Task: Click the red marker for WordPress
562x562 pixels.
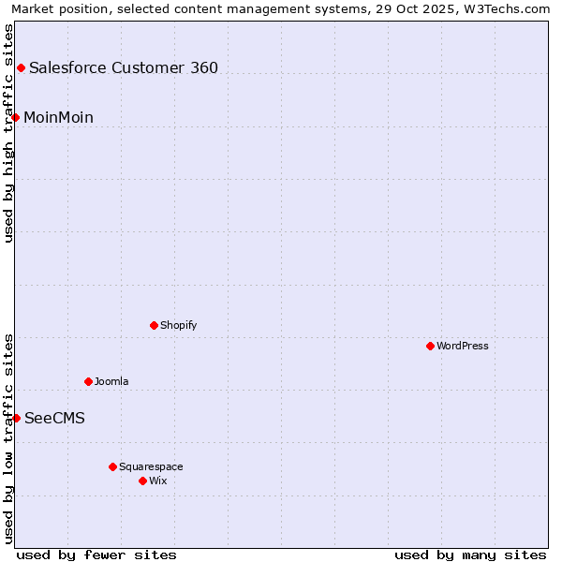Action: [x=430, y=346]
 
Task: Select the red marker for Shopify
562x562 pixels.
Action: [x=154, y=325]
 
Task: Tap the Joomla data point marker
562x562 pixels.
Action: [x=88, y=381]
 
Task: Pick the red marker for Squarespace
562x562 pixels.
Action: [x=112, y=466]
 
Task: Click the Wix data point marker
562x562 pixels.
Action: [x=142, y=481]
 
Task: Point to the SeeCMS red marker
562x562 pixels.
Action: [x=16, y=418]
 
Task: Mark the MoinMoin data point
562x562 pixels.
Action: [x=16, y=117]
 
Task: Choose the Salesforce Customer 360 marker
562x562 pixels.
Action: [x=21, y=67]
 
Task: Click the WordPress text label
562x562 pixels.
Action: [x=463, y=347]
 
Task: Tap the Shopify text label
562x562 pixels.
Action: [x=178, y=326]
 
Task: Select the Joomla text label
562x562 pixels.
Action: [x=111, y=382]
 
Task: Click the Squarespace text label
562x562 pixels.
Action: [x=151, y=467]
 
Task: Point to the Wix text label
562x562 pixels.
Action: [x=157, y=481]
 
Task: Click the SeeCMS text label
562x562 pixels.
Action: [x=54, y=419]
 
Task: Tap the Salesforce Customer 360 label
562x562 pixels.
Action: [x=124, y=68]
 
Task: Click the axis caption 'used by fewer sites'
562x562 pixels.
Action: [x=96, y=555]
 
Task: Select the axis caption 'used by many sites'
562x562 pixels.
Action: [x=470, y=555]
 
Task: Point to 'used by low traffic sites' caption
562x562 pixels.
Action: [x=9, y=438]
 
